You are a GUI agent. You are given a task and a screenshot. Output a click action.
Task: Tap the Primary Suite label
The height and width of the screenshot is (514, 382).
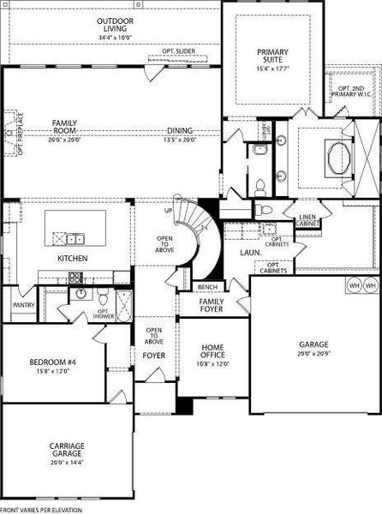tap(273, 57)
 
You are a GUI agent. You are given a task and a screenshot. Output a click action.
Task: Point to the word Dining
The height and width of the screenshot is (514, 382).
tap(180, 131)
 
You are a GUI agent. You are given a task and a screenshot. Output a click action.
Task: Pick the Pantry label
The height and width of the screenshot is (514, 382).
tap(22, 304)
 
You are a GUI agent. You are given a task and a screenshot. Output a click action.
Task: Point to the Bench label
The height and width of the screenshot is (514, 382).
tap(206, 287)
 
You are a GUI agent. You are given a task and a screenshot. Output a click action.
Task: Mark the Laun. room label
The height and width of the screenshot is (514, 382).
tap(250, 254)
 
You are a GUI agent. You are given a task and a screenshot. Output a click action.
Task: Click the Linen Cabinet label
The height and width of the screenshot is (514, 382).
tap(307, 219)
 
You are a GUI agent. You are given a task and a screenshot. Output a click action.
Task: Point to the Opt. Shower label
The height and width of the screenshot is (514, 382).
tap(103, 314)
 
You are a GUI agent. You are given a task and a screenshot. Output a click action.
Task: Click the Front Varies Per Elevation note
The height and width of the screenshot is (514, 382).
tap(37, 510)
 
